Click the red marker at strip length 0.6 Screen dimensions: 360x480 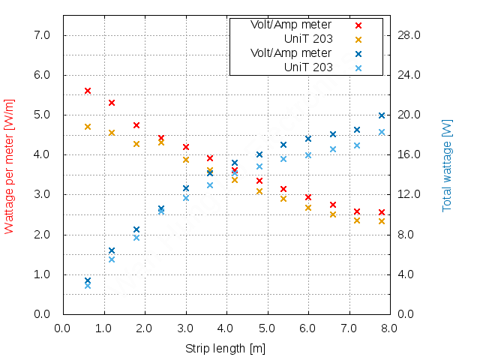click(x=88, y=91)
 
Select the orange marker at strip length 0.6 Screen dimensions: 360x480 click(x=88, y=127)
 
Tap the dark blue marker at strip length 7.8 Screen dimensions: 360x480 click(x=382, y=115)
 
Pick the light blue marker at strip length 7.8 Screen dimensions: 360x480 click(x=382, y=132)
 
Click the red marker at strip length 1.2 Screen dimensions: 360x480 click(x=112, y=103)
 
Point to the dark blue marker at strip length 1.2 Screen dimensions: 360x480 click(x=112, y=250)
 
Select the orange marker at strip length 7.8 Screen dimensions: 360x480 click(x=382, y=221)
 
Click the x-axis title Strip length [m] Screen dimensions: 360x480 click(x=225, y=349)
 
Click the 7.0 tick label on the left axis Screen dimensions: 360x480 click(x=41, y=35)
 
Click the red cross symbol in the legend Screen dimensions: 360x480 click(x=358, y=25)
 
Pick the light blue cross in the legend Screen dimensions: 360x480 click(x=358, y=68)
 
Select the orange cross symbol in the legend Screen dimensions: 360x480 click(x=358, y=40)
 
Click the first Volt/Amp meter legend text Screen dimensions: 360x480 click(x=291, y=25)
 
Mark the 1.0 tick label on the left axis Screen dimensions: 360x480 click(x=41, y=274)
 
